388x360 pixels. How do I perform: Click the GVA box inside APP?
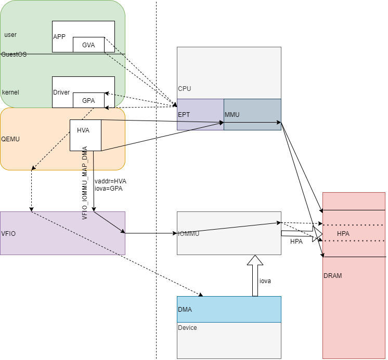pos(88,45)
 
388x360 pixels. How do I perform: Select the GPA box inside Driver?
pos(88,100)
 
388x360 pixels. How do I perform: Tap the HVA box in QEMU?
pos(85,135)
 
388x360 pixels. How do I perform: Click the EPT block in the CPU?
pos(200,114)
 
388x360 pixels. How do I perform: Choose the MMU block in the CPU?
pos(252,114)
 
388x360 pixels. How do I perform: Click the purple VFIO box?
pos(62,233)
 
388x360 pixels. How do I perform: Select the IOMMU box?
pos(229,233)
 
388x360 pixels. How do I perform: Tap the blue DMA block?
pos(229,309)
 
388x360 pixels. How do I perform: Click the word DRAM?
pos(333,276)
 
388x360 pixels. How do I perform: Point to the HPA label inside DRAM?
pos(343,234)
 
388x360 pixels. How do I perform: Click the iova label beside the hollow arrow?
pos(265,281)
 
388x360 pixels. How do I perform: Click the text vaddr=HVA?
pos(110,181)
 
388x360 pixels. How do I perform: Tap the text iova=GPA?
pos(108,189)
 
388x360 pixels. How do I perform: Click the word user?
pos(10,35)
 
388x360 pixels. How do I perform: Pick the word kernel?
pos(11,92)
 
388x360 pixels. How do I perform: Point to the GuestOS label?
pos(14,54)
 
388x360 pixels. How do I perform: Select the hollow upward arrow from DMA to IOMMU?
pos(255,275)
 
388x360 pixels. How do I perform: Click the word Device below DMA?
pos(187,328)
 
